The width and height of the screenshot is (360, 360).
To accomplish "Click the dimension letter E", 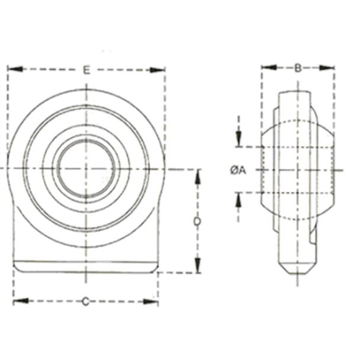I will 85,69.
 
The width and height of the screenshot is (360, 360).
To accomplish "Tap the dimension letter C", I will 85,300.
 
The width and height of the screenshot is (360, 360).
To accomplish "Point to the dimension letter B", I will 297,68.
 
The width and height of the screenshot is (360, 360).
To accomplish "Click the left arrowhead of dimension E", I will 11,69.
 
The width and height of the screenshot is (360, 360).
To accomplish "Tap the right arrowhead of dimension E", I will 162,69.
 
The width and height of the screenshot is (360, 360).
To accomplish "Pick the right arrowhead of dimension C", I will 154,300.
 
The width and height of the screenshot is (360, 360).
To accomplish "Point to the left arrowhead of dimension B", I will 268,68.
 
